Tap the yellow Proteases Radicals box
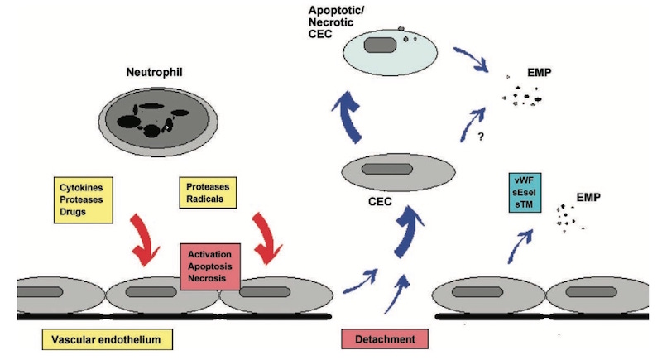(207, 192)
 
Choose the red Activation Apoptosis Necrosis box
(210, 265)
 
